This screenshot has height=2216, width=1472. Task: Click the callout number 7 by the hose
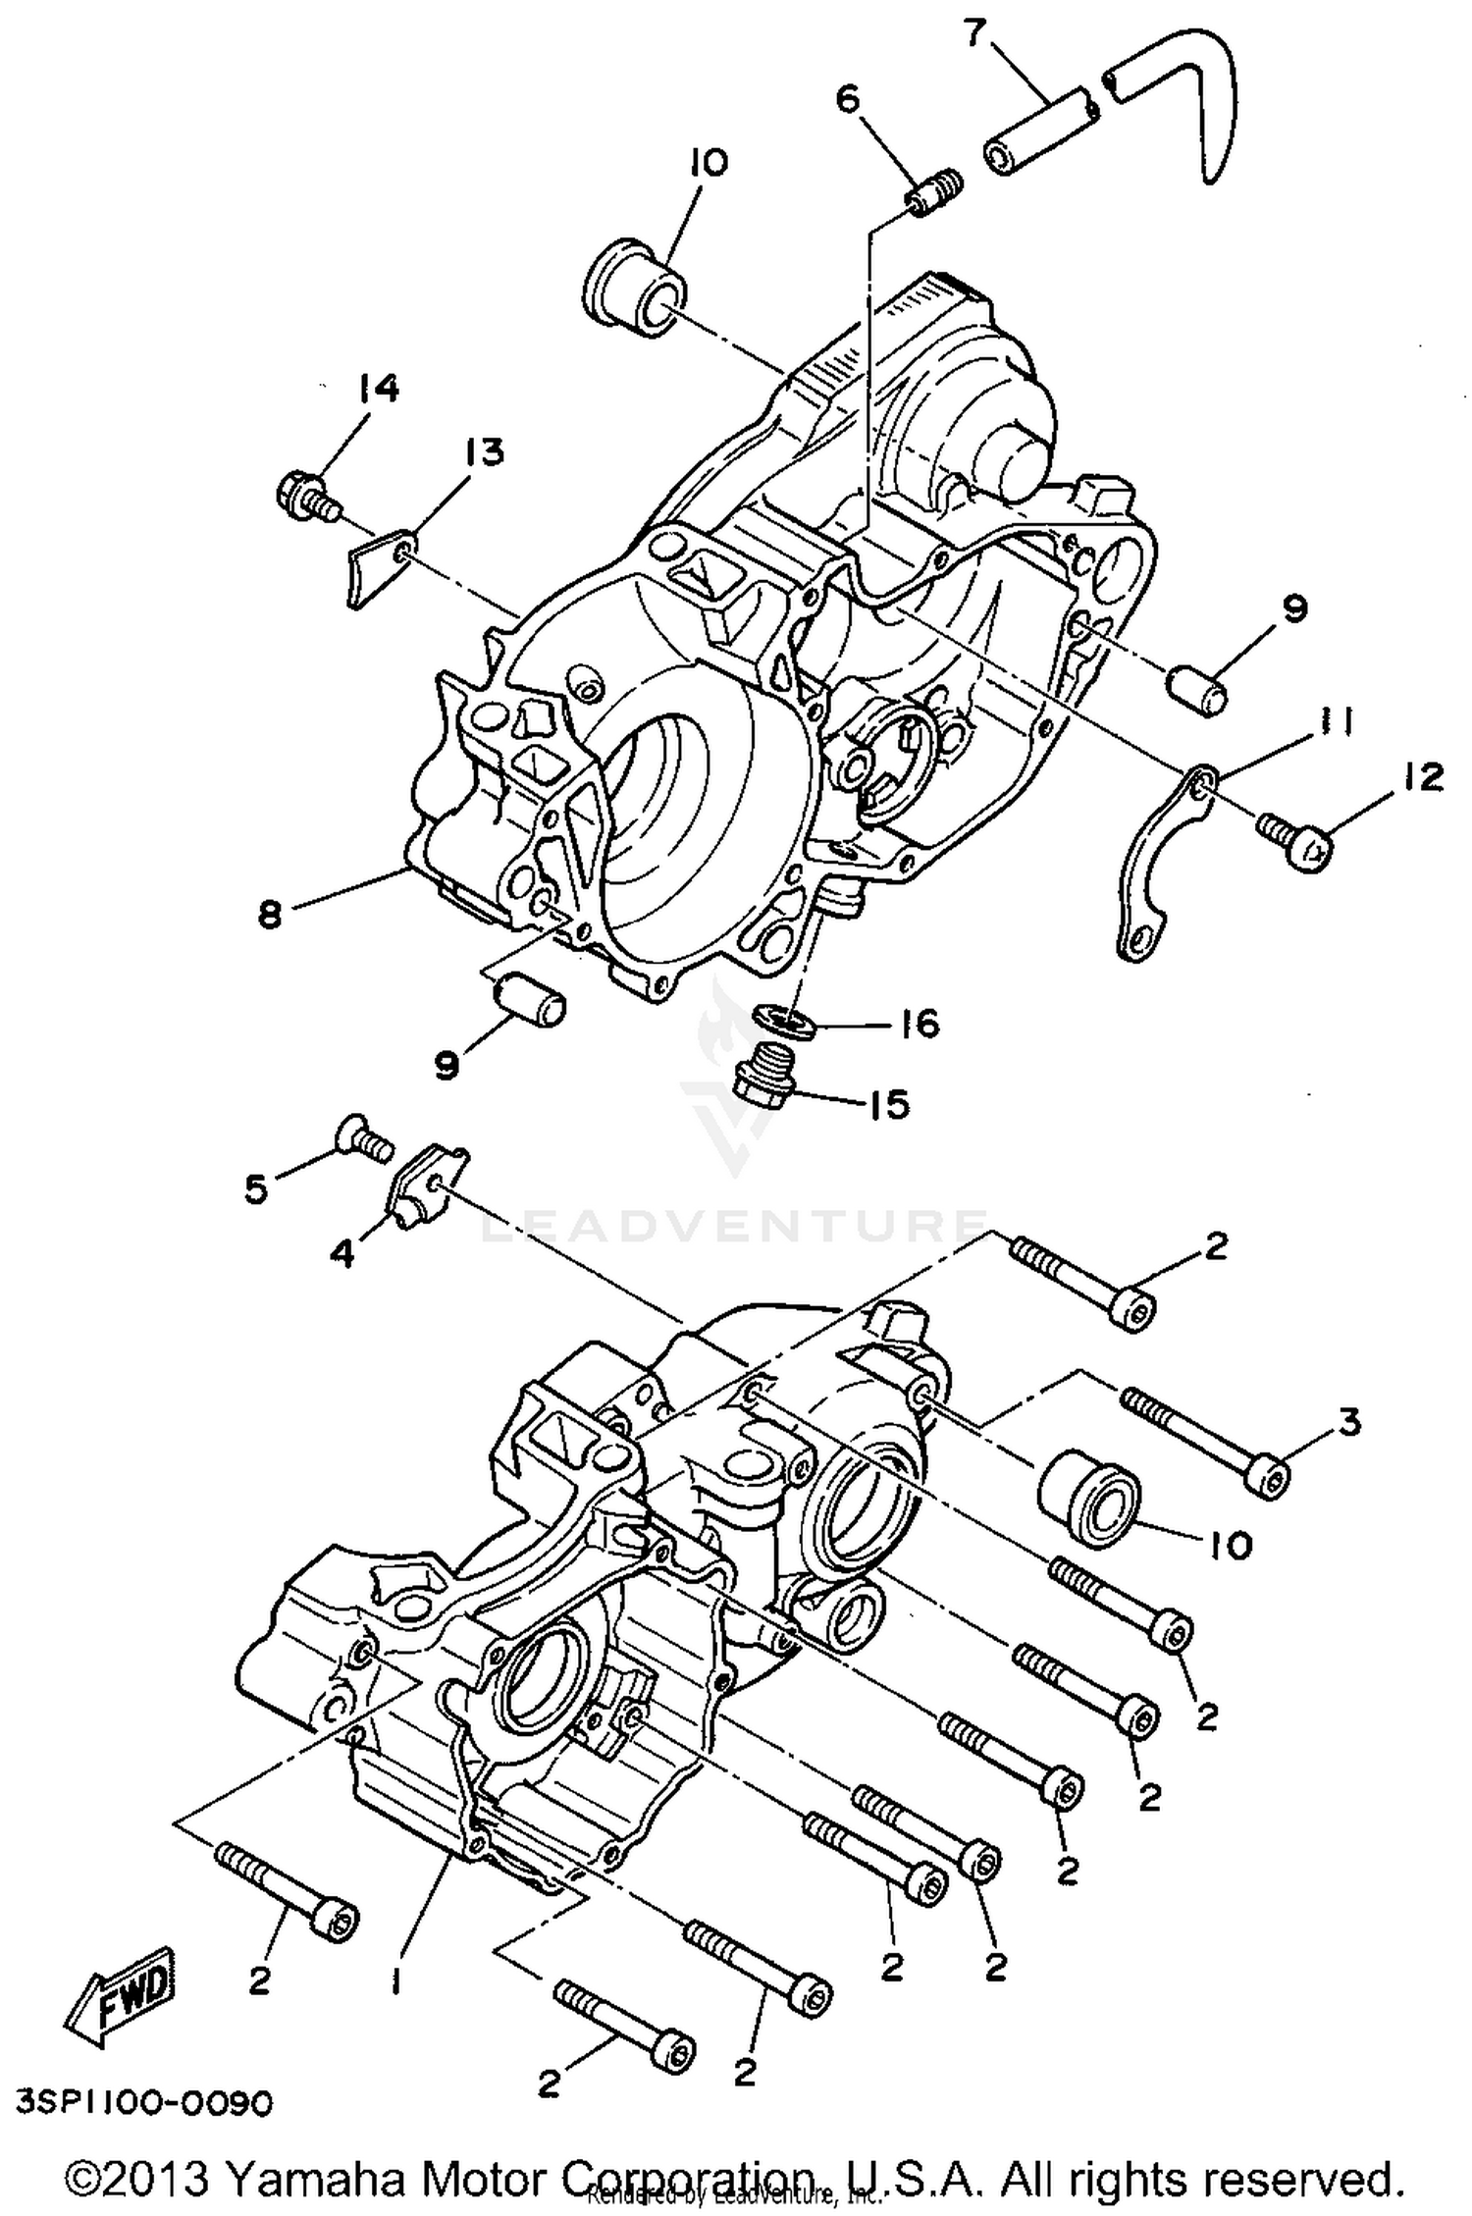point(973,32)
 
